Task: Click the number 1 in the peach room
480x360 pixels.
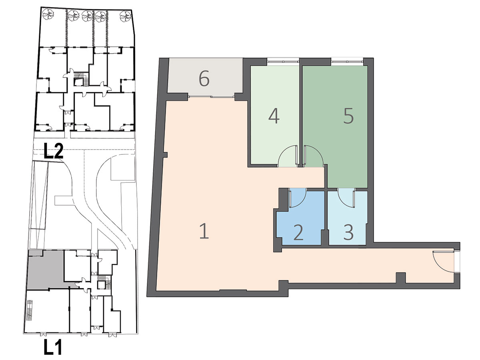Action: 204,231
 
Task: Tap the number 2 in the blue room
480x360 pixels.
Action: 298,232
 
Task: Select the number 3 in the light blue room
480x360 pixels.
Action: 348,232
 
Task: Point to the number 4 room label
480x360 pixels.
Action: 274,116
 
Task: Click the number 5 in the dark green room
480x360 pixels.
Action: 348,116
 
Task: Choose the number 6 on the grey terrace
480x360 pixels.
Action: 204,79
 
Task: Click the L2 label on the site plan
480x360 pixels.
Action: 54,151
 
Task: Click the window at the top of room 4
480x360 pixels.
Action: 283,62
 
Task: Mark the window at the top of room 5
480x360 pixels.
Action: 347,62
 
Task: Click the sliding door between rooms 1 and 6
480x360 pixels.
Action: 212,97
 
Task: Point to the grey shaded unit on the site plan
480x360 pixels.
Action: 46,269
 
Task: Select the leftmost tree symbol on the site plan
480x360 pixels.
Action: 48,15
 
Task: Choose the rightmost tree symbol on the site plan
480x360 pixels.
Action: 126,15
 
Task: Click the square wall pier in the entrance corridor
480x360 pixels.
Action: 401,278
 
